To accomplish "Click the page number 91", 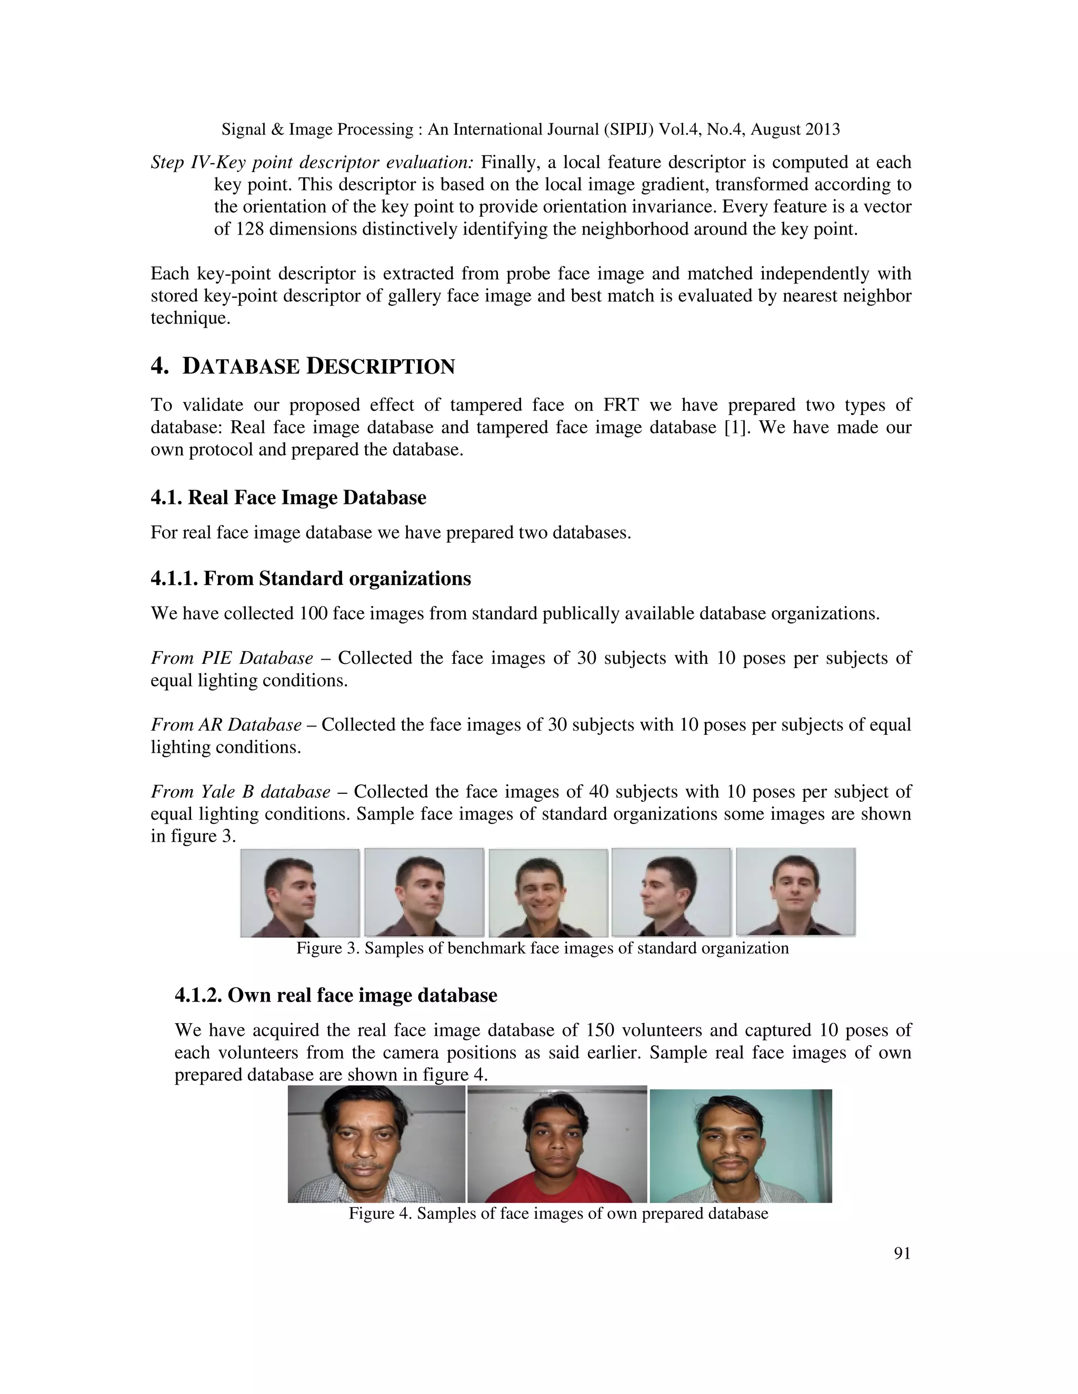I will pos(902,1254).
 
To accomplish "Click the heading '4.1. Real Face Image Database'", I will pos(288,498).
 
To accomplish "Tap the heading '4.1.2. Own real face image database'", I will pos(335,995).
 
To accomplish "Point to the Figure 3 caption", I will pos(542,948).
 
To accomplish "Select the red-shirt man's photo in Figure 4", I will pos(557,1145).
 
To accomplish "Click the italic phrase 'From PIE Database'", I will pos(232,658).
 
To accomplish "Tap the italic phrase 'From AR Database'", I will pos(226,725).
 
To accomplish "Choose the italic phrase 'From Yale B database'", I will pos(240,792).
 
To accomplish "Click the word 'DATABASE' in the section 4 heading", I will pos(241,367).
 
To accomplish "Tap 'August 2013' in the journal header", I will pos(795,129).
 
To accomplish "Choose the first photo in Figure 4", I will pos(376,1145).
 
